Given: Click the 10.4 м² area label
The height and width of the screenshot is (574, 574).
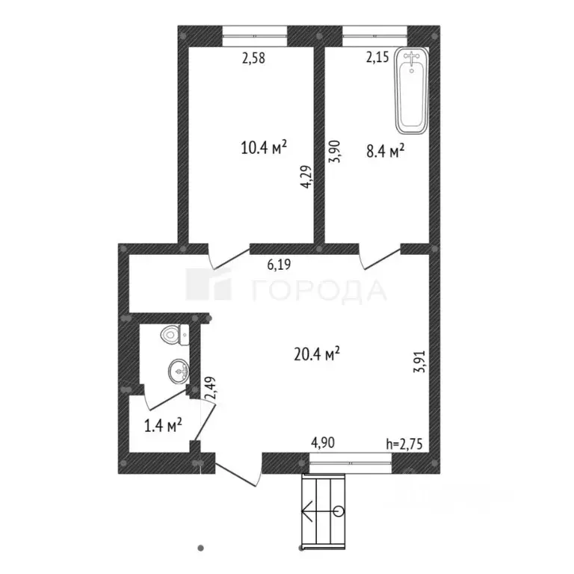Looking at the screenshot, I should tap(265, 147).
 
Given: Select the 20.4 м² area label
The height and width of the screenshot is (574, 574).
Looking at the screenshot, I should tap(317, 352).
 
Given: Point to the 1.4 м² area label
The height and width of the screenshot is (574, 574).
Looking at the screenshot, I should tap(163, 427).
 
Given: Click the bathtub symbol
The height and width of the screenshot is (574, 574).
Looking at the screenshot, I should tap(412, 90).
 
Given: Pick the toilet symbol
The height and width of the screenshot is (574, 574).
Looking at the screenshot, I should tap(175, 335).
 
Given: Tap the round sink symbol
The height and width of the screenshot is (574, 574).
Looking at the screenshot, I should tap(178, 368).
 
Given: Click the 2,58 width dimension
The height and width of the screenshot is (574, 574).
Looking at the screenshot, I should tap(254, 56).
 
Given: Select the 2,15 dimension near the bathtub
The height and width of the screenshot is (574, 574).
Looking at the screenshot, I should tap(377, 56).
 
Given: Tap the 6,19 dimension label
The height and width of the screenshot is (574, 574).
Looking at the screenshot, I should tap(280, 263).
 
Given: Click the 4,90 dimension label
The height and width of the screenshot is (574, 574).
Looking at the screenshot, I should tap(322, 442).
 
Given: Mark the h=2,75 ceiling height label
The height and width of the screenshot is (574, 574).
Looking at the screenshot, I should tap(404, 442).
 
